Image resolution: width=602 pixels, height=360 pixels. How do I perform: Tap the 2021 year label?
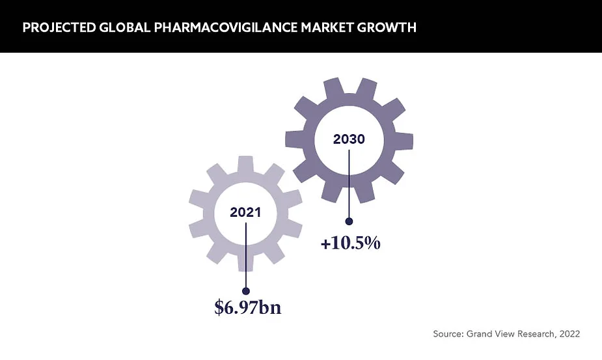(x=246, y=212)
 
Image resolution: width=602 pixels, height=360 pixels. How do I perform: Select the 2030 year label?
(x=349, y=139)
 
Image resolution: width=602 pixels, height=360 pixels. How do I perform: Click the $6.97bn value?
(x=248, y=307)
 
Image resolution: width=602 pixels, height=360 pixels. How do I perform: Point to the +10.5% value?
(x=350, y=243)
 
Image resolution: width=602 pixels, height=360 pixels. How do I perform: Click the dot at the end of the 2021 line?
(x=246, y=291)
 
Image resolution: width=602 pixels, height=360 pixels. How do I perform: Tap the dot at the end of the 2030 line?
(x=349, y=221)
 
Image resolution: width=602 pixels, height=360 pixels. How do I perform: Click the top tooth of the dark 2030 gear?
(x=349, y=85)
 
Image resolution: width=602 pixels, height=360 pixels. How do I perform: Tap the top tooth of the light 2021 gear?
(x=245, y=163)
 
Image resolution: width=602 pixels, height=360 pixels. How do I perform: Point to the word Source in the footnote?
(x=448, y=334)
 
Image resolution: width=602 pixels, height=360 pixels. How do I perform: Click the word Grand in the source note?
(x=479, y=334)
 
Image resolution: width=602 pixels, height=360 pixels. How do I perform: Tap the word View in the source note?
(x=503, y=334)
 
